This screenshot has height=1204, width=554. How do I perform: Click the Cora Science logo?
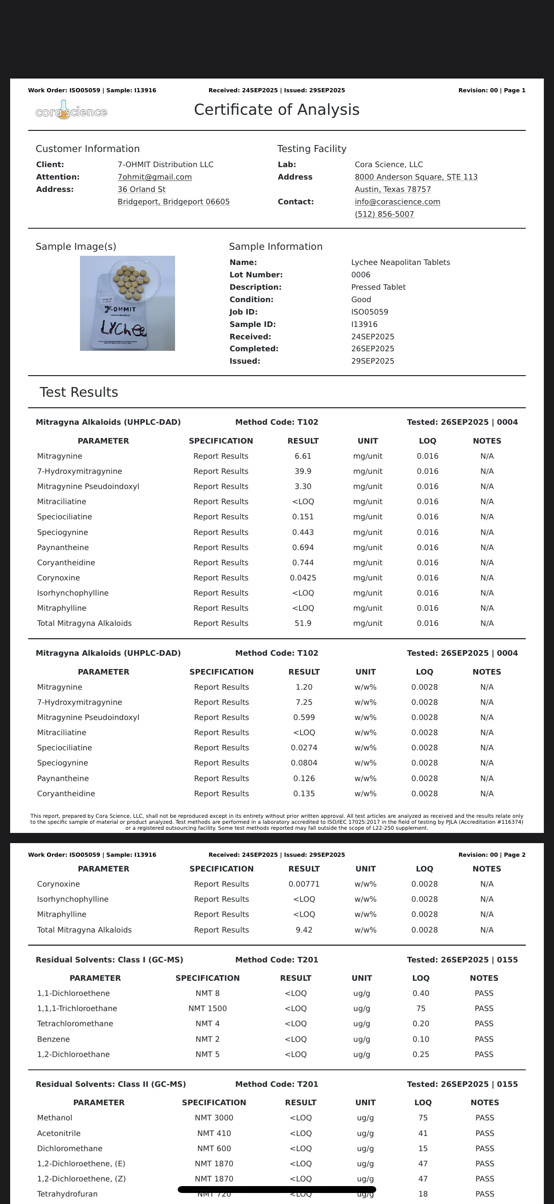[71, 111]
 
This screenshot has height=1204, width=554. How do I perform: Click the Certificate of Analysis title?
[276, 110]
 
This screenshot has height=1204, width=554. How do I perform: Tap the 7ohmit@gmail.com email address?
[154, 177]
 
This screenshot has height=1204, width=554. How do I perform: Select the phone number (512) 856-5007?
[384, 214]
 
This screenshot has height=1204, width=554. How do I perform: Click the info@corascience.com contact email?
[397, 202]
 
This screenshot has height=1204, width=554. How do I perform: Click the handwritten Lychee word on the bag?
[124, 329]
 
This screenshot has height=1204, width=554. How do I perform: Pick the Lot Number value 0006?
[361, 275]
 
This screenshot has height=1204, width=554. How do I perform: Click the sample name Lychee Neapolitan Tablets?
[400, 263]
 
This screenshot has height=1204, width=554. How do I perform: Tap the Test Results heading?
[79, 392]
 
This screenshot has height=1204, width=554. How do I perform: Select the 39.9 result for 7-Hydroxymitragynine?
[303, 471]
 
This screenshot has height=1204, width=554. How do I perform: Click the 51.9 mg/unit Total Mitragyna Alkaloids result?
[303, 623]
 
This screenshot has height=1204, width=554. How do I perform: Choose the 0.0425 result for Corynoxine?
[303, 578]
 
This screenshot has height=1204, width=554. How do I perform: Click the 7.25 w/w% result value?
[304, 702]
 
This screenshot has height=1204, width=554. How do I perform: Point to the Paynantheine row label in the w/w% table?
[62, 778]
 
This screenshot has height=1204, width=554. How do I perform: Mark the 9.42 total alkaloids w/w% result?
[304, 930]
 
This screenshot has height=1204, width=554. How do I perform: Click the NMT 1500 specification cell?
[207, 1008]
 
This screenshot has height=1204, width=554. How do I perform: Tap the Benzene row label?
[53, 1039]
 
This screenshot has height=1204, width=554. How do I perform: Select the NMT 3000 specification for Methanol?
[214, 1118]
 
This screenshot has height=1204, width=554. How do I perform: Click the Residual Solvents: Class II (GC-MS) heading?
[111, 1084]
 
